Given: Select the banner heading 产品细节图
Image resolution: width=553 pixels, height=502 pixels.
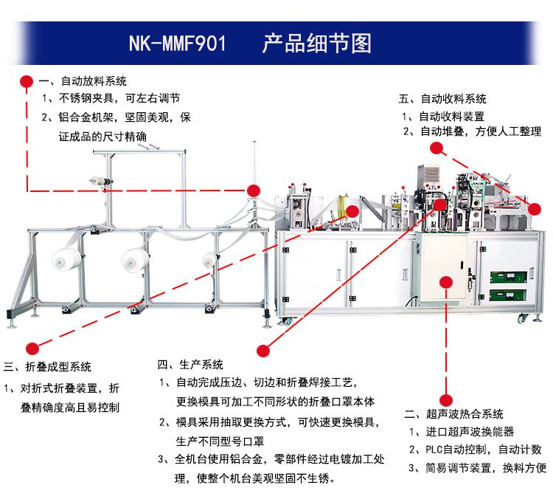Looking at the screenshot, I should coord(316,43).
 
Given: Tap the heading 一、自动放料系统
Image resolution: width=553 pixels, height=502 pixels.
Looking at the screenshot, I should coord(83,81).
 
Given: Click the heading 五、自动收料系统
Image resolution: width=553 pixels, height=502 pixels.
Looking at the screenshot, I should coord(442,98).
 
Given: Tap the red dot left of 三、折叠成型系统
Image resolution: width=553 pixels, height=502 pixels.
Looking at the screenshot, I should coord(32,348).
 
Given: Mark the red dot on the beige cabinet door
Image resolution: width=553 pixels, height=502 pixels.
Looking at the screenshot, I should coord(445,281).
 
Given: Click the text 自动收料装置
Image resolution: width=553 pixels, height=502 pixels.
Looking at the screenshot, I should coord(451,116).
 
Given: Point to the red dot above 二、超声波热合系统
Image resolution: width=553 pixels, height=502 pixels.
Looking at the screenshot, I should coord(445,399).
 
